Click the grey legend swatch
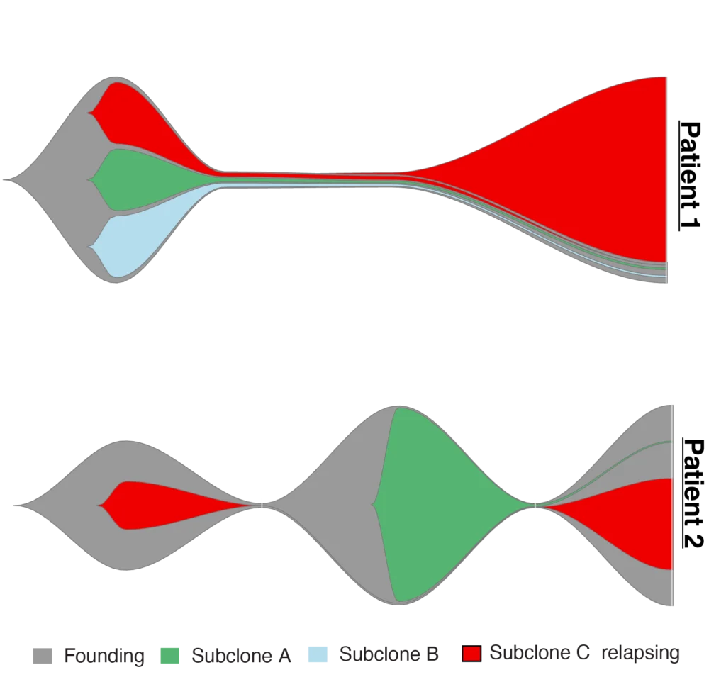(42, 657)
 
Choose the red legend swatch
(471, 654)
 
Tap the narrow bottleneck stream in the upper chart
(312, 179)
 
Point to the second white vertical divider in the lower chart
(535, 503)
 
